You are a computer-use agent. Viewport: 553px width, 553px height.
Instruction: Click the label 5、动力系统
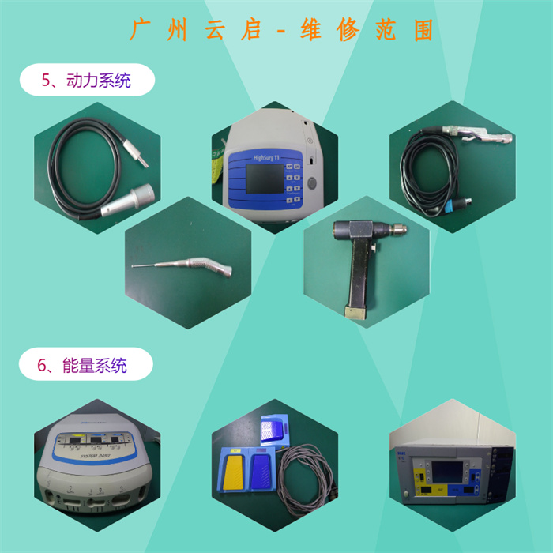pos(86,80)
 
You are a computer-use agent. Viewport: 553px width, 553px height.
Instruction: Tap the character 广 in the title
pos(140,31)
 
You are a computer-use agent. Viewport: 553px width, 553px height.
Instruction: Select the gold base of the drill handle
pos(354,312)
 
